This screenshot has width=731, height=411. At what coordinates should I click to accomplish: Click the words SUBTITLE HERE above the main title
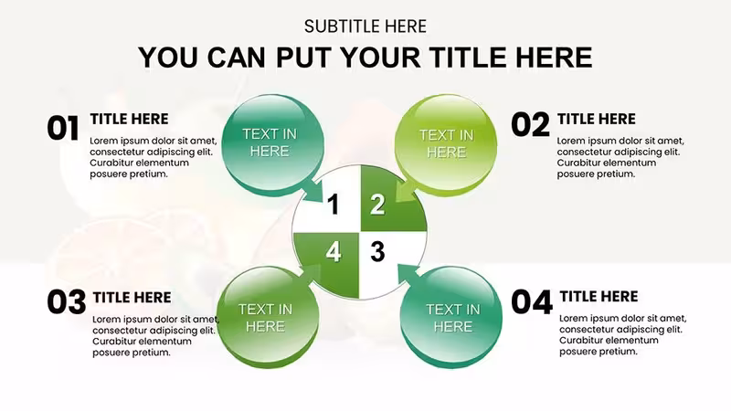point(365,26)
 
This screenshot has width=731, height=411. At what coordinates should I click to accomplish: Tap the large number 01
point(63,129)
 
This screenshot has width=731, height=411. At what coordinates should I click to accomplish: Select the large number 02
point(531,125)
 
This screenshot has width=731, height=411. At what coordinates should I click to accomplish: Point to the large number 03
point(67,302)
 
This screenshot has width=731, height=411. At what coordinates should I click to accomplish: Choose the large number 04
point(532,302)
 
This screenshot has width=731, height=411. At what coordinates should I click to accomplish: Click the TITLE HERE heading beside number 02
point(597,119)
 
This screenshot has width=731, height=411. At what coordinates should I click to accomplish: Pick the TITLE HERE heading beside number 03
point(132,298)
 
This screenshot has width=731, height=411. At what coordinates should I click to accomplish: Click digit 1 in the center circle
point(333,204)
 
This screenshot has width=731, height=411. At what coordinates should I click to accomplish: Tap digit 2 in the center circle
point(377,204)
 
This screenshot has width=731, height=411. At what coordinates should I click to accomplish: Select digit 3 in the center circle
point(377,252)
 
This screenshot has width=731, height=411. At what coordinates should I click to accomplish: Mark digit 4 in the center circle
point(333,252)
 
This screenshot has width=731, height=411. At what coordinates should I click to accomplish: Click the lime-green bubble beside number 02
point(446,143)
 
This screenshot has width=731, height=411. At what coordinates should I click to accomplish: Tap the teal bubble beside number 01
point(272,143)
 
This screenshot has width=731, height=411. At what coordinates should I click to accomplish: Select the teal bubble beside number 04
point(450,317)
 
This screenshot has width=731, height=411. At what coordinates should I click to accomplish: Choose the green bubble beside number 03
point(268,317)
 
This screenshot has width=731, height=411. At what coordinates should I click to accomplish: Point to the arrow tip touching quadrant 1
point(323,202)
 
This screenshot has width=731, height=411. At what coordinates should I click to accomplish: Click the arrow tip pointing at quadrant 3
point(398,265)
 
